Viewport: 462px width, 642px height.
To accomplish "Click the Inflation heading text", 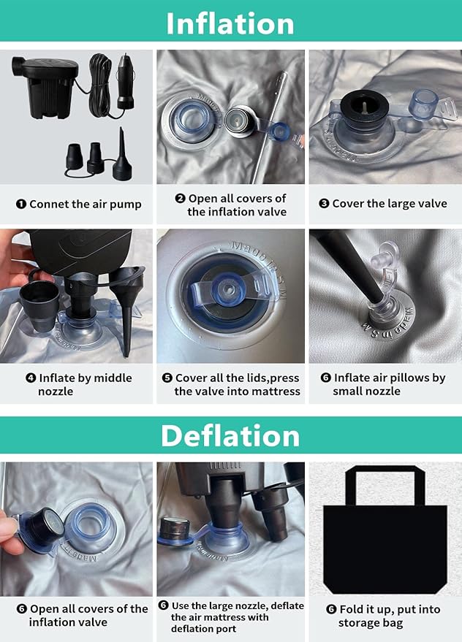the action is [230, 23].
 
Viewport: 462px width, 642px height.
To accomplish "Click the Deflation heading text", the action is [230, 435].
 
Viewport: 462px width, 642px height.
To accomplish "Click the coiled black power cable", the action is [99, 85].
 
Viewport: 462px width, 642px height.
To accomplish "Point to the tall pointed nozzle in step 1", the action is [122, 155].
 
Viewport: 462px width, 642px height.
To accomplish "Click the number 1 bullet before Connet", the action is [21, 204].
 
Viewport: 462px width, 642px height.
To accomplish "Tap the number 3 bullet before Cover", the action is [324, 203].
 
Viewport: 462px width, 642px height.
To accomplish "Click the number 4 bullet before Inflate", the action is [31, 378].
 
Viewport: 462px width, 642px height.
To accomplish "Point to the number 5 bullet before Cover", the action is [167, 378].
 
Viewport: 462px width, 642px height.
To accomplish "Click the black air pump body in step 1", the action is [45, 85].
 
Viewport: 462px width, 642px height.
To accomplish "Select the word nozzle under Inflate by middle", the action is [56, 391].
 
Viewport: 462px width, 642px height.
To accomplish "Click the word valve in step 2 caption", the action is [273, 212].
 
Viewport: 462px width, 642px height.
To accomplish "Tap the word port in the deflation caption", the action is [225, 629].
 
